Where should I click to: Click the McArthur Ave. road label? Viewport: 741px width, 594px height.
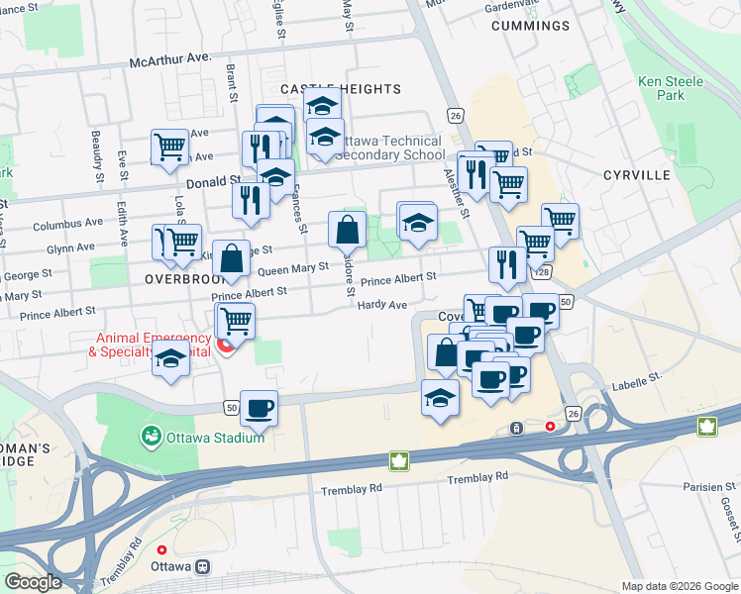[171, 60]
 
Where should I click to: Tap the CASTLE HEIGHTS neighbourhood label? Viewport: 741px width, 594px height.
[341, 89]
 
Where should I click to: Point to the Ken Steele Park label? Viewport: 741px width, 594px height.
[671, 88]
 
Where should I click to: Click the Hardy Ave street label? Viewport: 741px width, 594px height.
[383, 305]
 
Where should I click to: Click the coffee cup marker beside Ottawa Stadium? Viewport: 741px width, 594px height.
[260, 407]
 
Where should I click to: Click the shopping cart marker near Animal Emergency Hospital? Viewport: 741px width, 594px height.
[236, 320]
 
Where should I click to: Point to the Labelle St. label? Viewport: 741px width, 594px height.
[635, 378]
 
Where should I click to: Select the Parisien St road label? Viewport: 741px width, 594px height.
[709, 487]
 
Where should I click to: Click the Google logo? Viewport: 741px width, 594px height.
[33, 582]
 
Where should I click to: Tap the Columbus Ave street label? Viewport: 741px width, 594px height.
[67, 225]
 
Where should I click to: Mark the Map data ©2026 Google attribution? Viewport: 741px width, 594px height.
[680, 586]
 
